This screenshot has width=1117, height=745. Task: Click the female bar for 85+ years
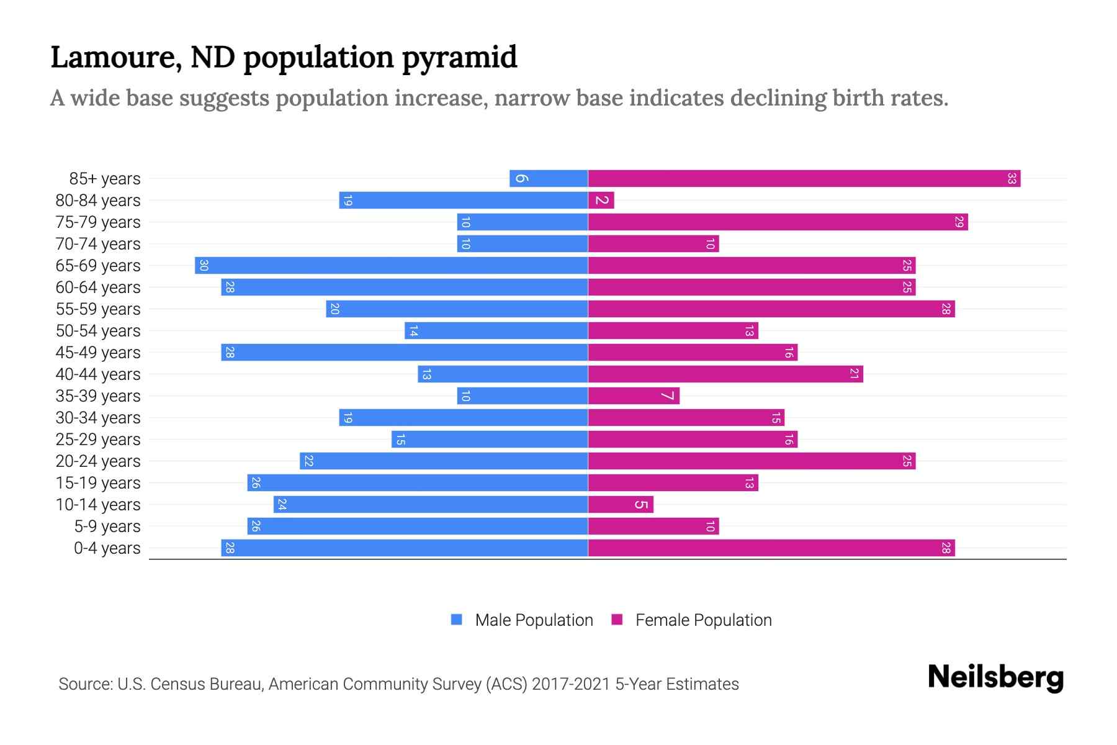[804, 179]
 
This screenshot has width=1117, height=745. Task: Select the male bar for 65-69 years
[391, 266]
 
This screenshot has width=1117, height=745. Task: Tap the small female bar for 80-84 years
[601, 201]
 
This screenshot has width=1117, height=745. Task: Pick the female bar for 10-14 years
[621, 505]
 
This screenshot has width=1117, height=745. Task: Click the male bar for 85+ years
[549, 179]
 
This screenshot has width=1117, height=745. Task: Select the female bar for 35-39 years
[633, 396]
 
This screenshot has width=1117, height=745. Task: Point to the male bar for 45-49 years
[404, 353]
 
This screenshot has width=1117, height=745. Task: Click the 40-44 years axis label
[98, 374]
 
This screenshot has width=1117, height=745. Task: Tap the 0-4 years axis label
[107, 548]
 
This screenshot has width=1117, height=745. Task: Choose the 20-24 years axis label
[98, 461]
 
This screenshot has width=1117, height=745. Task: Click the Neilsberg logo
[995, 677]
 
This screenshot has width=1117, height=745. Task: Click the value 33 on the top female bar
[1012, 179]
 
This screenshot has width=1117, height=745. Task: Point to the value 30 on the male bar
[204, 266]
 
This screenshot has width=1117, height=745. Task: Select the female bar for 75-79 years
[778, 222]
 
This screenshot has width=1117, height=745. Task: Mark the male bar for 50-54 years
[496, 331]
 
